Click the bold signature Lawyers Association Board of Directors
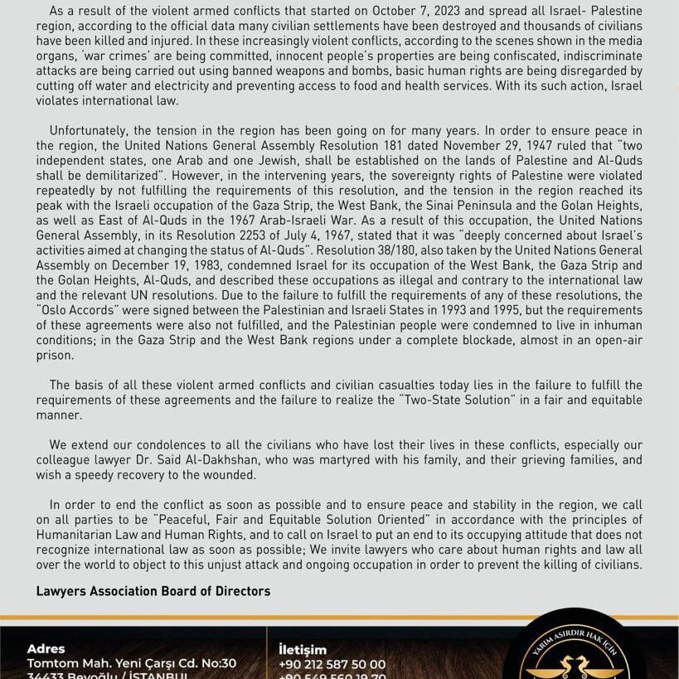click(x=153, y=591)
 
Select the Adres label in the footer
click(x=46, y=649)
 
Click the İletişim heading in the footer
click(x=303, y=650)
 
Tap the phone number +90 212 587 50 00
click(x=332, y=664)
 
